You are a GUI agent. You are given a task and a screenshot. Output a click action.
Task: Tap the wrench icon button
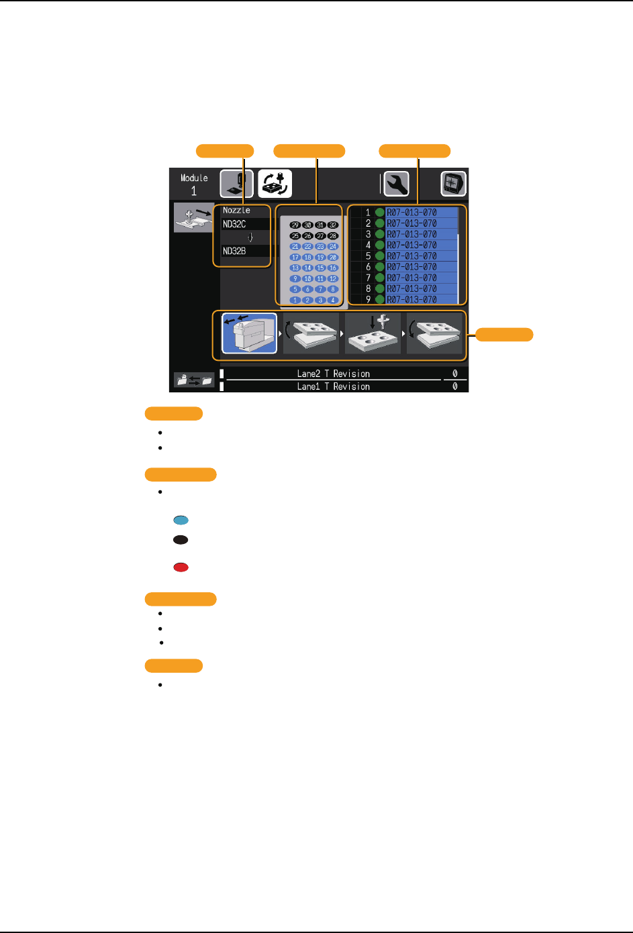point(396,184)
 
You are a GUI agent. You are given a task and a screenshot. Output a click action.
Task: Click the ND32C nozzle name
point(234,224)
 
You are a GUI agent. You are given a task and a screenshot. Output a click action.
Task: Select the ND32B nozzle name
point(234,251)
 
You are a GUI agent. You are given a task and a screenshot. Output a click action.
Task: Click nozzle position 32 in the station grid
point(333,225)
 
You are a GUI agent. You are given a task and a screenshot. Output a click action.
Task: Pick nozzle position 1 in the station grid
point(295,300)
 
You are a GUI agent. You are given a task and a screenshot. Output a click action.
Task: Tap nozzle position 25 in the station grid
point(295,236)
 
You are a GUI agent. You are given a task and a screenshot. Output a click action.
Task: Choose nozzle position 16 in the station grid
point(333,268)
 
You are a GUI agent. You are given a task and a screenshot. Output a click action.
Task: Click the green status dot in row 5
point(380,256)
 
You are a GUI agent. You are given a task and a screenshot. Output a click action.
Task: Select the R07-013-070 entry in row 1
point(411,213)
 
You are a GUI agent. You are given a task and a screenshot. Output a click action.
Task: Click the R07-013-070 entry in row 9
point(411,299)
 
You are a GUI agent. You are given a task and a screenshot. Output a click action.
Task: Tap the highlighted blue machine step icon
point(249,333)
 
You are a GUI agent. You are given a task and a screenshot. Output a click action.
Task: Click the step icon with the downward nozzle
point(373,333)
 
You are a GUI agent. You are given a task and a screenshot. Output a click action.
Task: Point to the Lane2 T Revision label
point(333,374)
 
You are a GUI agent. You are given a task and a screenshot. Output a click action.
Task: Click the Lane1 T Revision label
point(333,386)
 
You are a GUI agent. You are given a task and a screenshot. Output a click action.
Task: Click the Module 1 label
point(194,184)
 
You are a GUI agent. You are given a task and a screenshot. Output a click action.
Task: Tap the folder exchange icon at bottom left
point(193,380)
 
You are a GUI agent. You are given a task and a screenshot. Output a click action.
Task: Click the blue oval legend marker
point(181,520)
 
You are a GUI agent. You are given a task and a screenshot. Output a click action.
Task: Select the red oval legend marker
point(181,567)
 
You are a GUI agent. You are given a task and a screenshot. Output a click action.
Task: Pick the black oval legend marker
point(181,539)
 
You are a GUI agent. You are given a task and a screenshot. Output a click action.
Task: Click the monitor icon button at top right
point(453,184)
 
